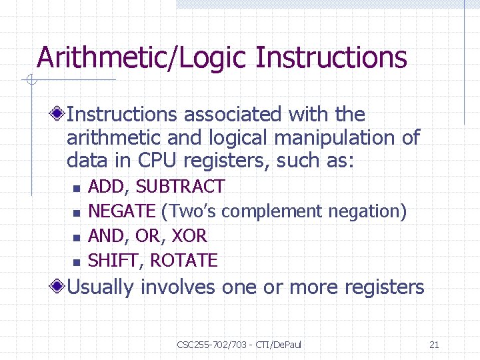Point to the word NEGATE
(x=121, y=211)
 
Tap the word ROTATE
(x=184, y=261)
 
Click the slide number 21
(x=434, y=345)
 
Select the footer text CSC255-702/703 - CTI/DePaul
(x=239, y=345)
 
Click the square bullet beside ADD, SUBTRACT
(x=76, y=188)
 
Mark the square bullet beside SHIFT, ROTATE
(x=76, y=261)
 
